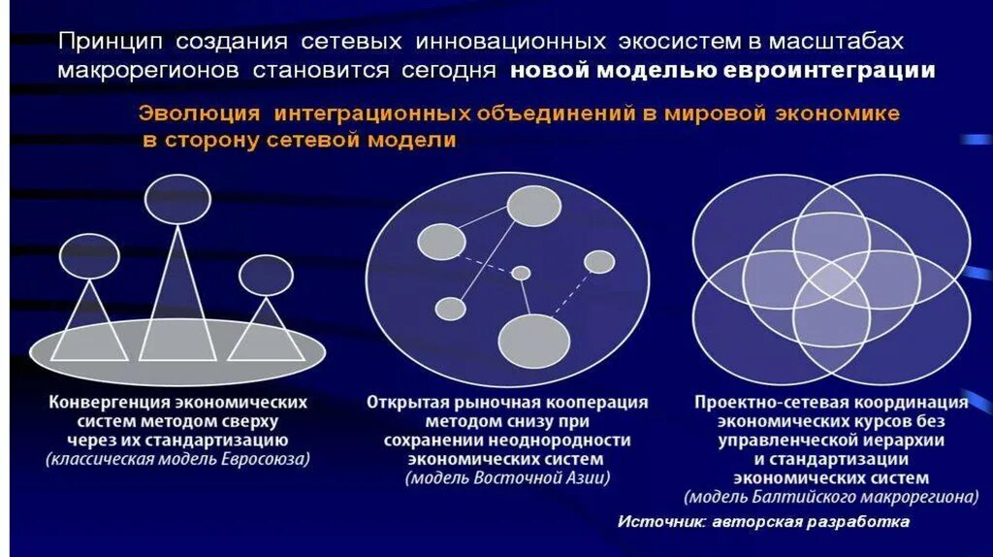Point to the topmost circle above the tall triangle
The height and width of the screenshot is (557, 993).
click(x=177, y=198)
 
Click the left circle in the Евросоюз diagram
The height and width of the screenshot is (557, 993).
click(x=89, y=256)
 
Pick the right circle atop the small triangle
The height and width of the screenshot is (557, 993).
click(x=266, y=275)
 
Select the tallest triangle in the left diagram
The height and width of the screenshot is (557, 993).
click(x=176, y=301)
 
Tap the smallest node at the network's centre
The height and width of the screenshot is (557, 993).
click(x=521, y=273)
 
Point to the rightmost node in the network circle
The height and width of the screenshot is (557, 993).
click(x=599, y=262)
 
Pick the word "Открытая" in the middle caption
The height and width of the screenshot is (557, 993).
click(x=400, y=402)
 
